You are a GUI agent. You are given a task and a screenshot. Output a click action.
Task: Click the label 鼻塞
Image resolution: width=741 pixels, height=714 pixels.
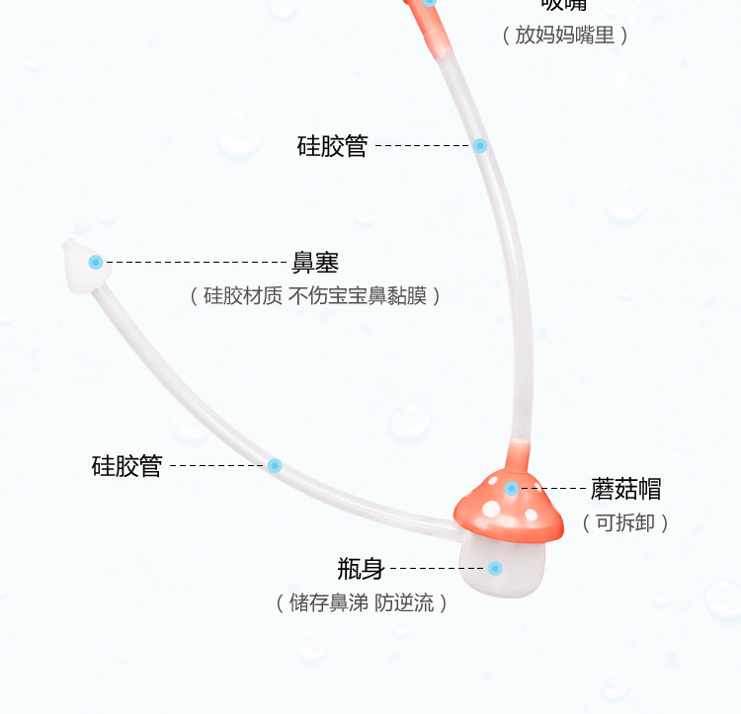tap(315, 263)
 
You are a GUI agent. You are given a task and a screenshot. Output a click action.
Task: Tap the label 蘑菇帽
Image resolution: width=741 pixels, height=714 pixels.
tap(625, 488)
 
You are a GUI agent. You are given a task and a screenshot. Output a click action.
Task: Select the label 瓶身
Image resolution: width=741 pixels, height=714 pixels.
tap(360, 569)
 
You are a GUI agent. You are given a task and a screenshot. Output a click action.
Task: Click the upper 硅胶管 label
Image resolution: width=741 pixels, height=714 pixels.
tap(332, 146)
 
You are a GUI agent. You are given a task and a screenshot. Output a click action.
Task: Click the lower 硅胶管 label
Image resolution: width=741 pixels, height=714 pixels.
tap(126, 466)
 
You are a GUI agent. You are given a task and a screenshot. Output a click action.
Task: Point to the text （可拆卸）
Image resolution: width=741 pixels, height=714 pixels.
tap(625, 523)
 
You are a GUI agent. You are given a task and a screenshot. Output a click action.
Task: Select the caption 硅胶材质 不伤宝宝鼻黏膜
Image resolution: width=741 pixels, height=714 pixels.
tap(314, 296)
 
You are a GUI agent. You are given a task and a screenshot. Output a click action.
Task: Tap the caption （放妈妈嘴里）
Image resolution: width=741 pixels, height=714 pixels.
tap(564, 36)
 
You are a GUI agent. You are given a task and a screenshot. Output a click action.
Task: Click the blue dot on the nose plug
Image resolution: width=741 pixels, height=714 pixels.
tap(96, 263)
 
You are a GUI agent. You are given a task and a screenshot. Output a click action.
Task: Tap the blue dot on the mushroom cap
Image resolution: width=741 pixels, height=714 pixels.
tap(512, 488)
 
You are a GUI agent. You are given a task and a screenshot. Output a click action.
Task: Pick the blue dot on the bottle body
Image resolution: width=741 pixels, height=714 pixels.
tap(495, 569)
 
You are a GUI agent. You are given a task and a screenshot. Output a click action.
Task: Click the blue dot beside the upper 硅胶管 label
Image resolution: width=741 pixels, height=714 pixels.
tap(480, 146)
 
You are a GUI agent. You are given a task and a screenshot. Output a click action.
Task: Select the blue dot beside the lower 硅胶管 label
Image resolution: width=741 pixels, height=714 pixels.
tap(275, 465)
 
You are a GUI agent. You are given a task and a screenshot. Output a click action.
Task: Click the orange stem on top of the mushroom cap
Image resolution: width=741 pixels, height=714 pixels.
tap(516, 456)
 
